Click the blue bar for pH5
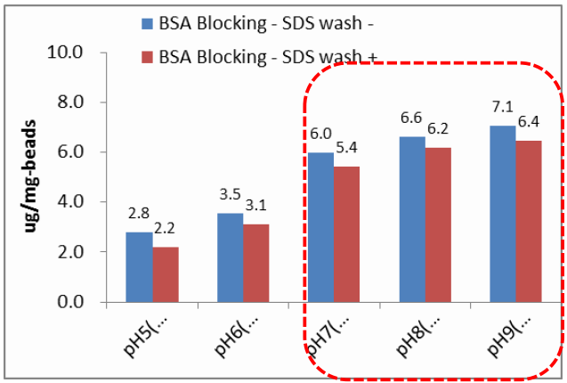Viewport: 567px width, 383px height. point(139,267)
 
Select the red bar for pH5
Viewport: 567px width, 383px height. point(166,274)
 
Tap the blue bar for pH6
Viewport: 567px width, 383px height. point(230,258)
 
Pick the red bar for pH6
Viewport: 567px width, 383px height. point(256,264)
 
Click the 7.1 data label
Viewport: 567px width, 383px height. point(503,107)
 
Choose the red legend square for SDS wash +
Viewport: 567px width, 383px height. point(146,57)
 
